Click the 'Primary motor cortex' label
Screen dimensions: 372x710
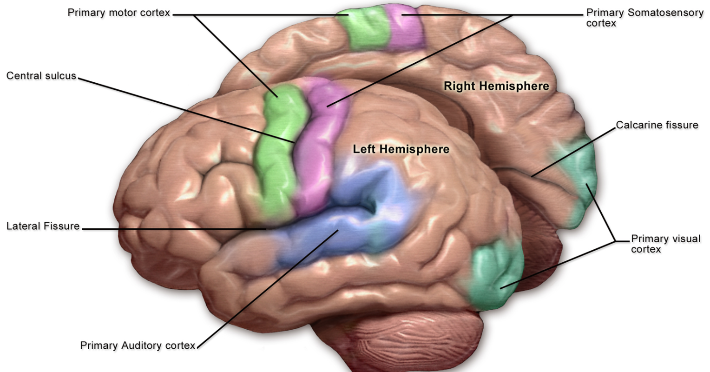[119, 13]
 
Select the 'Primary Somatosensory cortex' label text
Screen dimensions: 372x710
[644, 18]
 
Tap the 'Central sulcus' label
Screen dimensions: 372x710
[41, 76]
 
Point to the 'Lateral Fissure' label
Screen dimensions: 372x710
[43, 226]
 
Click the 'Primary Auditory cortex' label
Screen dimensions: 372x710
[138, 345]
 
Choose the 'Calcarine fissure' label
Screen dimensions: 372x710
[657, 125]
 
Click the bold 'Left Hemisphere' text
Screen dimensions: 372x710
[401, 149]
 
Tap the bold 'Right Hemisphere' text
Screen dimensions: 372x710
[496, 86]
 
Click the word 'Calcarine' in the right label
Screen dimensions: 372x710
[638, 125]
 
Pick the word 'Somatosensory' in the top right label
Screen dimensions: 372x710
[664, 13]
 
